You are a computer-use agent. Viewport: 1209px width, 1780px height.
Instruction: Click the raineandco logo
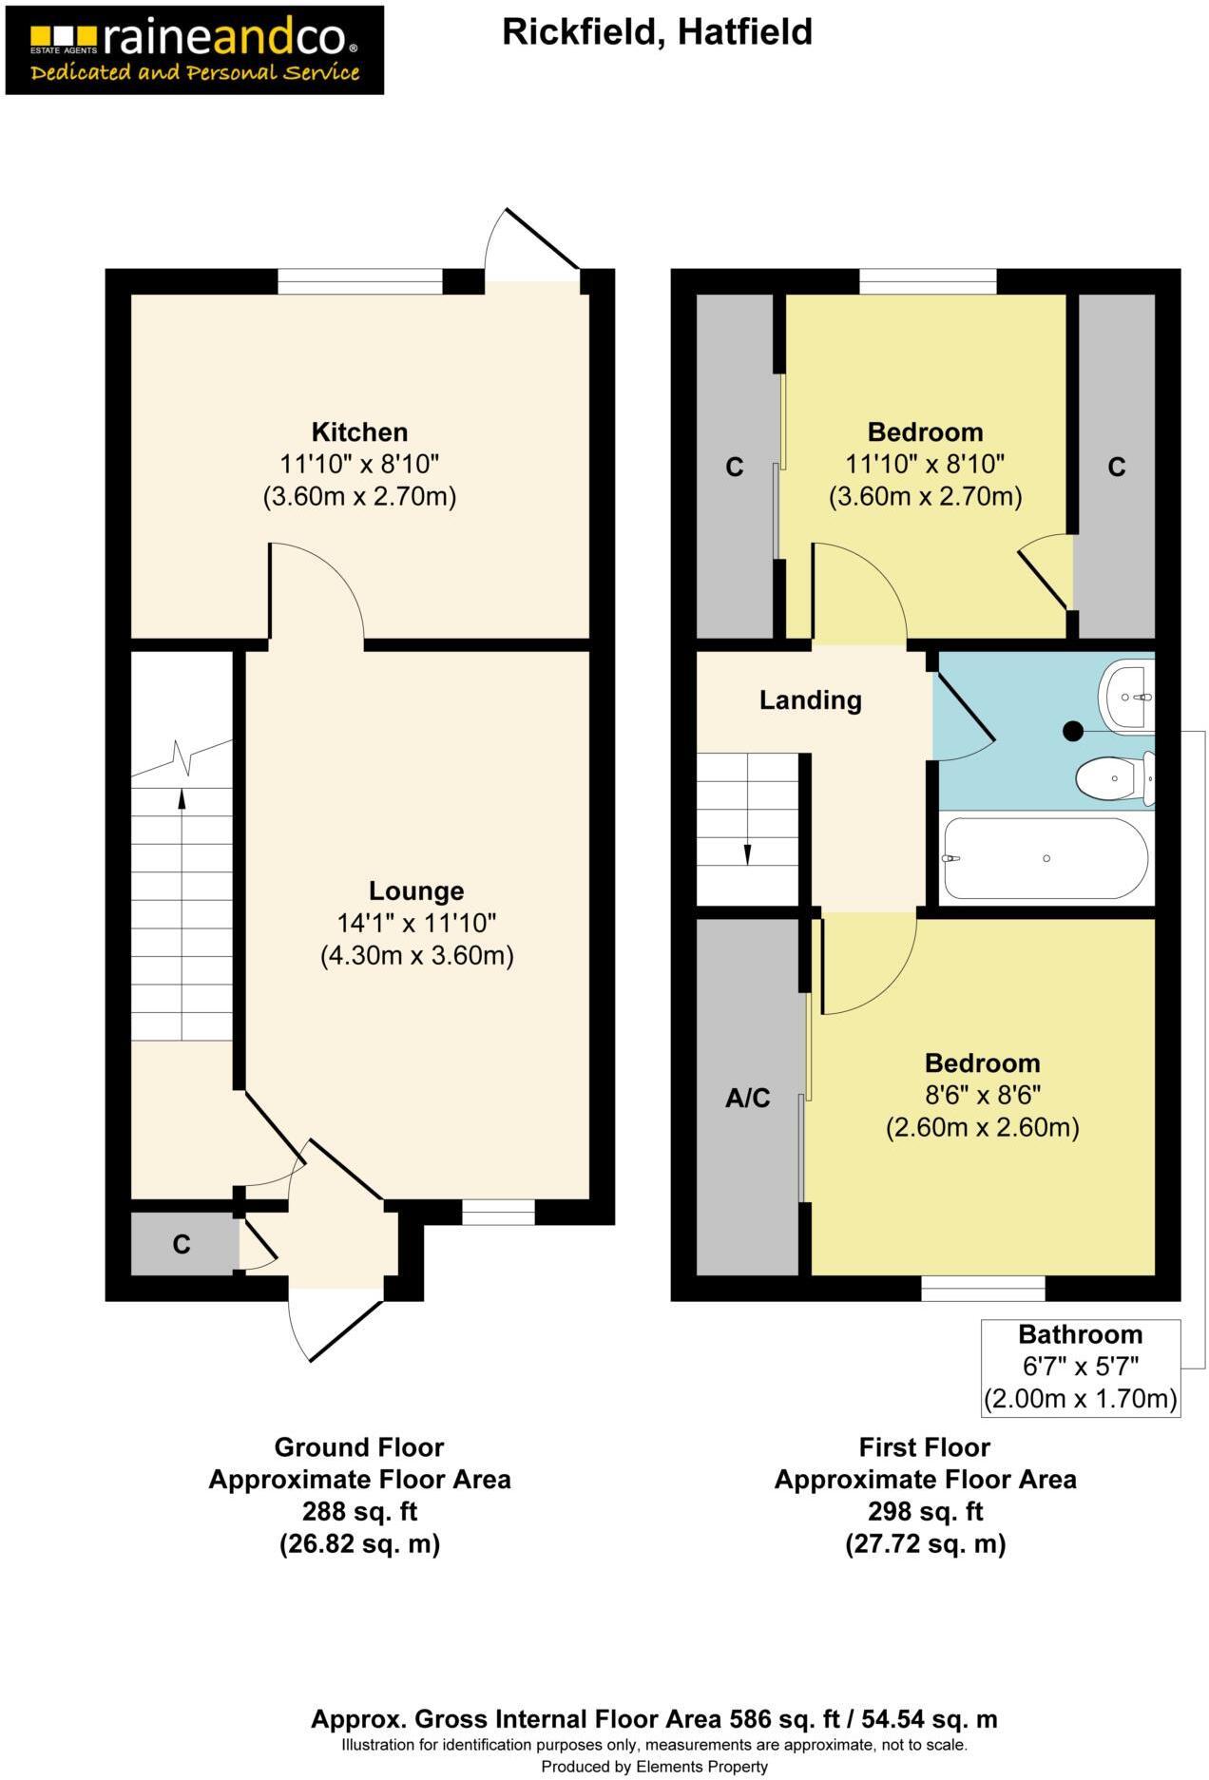point(194,49)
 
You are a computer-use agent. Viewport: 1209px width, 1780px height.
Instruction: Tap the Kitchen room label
point(359,432)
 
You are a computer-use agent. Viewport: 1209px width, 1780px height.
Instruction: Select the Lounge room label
point(416,891)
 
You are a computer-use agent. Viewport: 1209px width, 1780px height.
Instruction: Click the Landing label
point(810,700)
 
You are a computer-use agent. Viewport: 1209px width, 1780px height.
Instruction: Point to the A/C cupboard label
point(747,1099)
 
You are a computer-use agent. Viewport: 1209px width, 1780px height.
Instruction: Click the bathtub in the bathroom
point(1045,858)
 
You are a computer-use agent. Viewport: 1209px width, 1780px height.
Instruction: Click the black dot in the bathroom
point(1073,731)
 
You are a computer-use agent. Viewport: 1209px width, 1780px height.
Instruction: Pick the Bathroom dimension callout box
point(1080,1367)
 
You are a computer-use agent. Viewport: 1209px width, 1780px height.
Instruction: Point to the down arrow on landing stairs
point(747,853)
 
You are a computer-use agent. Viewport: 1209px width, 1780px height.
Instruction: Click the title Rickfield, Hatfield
point(657,32)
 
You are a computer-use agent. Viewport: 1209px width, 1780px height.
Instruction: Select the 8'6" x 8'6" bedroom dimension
point(982,1096)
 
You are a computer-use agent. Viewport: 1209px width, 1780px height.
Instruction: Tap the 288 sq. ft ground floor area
point(359,1511)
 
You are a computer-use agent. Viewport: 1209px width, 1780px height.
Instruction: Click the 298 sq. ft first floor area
point(925,1511)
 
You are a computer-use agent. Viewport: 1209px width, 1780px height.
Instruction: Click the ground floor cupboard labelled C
point(182,1244)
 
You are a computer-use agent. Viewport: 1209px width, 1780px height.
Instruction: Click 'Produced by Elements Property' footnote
point(654,1767)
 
